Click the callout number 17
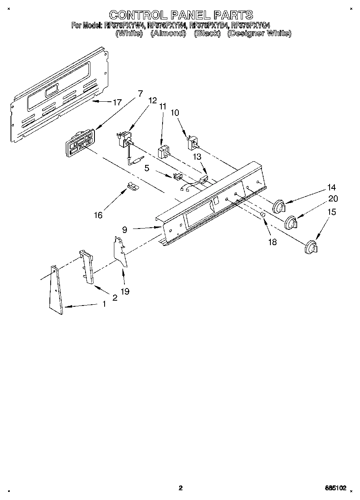[x=117, y=103]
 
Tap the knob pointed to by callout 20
[x=291, y=223]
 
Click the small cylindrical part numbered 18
[x=263, y=214]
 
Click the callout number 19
[x=125, y=291]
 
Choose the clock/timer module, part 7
[x=80, y=144]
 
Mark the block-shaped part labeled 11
[x=163, y=152]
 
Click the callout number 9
[x=124, y=229]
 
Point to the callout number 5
[x=147, y=168]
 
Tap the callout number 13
[x=197, y=156]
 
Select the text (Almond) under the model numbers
[x=168, y=34]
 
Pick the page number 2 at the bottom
[x=180, y=488]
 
